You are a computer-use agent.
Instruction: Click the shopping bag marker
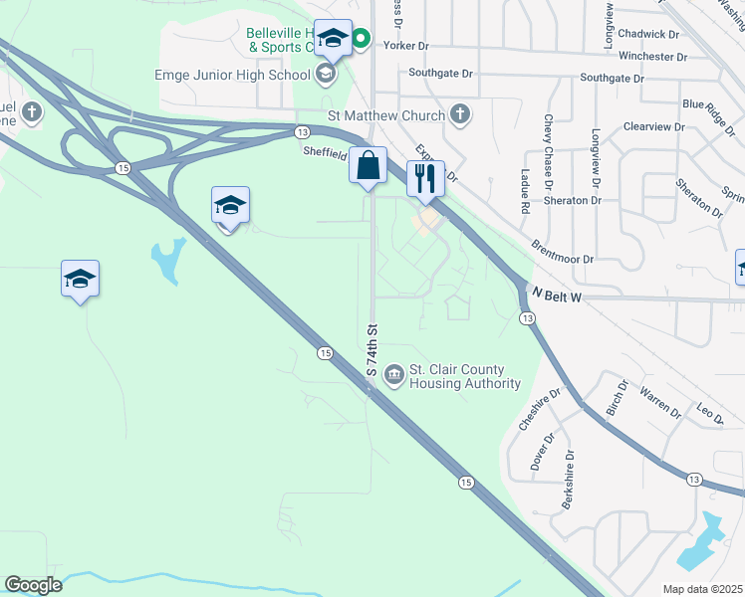click(x=368, y=165)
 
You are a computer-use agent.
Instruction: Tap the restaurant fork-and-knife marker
click(x=425, y=179)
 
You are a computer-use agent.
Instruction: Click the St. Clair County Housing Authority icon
click(x=394, y=374)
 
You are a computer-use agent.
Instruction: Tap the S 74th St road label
click(x=372, y=349)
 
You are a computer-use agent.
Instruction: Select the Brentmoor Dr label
click(x=562, y=251)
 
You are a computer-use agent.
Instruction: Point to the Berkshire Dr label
click(x=568, y=487)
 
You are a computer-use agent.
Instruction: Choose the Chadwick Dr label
click(x=647, y=34)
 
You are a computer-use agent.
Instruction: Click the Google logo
click(x=33, y=585)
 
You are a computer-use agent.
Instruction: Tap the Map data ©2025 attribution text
click(x=701, y=589)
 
